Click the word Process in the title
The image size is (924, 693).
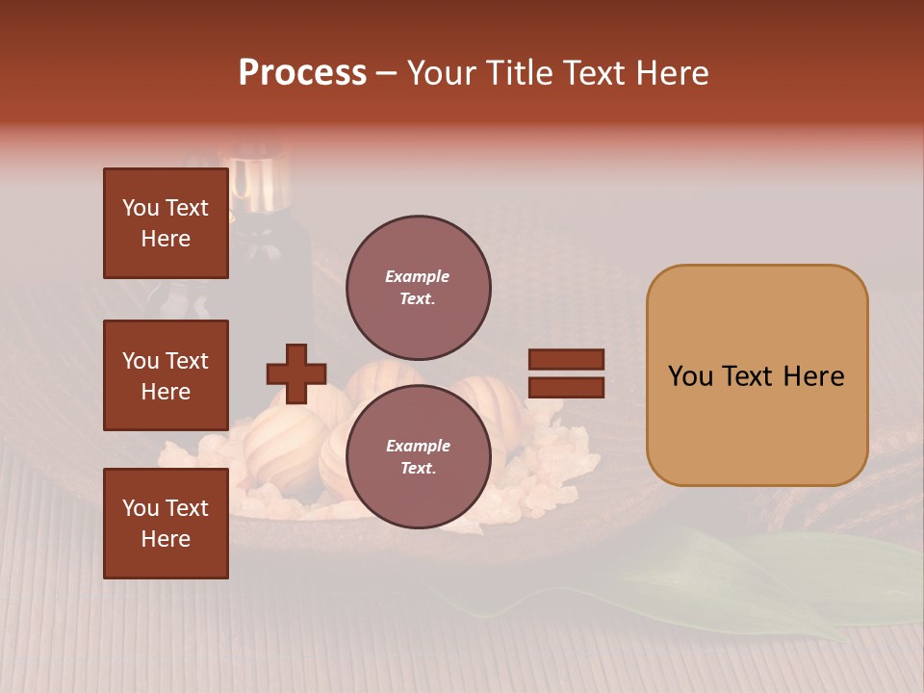pyautogui.click(x=302, y=72)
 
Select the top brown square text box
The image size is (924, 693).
pyautogui.click(x=166, y=223)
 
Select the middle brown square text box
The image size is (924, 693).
pyautogui.click(x=166, y=375)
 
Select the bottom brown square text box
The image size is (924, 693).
pyautogui.click(x=166, y=523)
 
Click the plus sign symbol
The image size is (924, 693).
pyautogui.click(x=296, y=373)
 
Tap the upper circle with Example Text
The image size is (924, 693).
pyautogui.click(x=418, y=288)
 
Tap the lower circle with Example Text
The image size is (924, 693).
pyautogui.click(x=418, y=457)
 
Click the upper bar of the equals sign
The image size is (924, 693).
pyautogui.click(x=566, y=360)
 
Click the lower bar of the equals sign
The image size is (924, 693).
pyautogui.click(x=566, y=387)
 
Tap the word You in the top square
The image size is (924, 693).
pyautogui.click(x=141, y=208)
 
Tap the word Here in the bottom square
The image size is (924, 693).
pyautogui.click(x=166, y=539)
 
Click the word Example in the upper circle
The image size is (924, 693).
pyautogui.click(x=418, y=276)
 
